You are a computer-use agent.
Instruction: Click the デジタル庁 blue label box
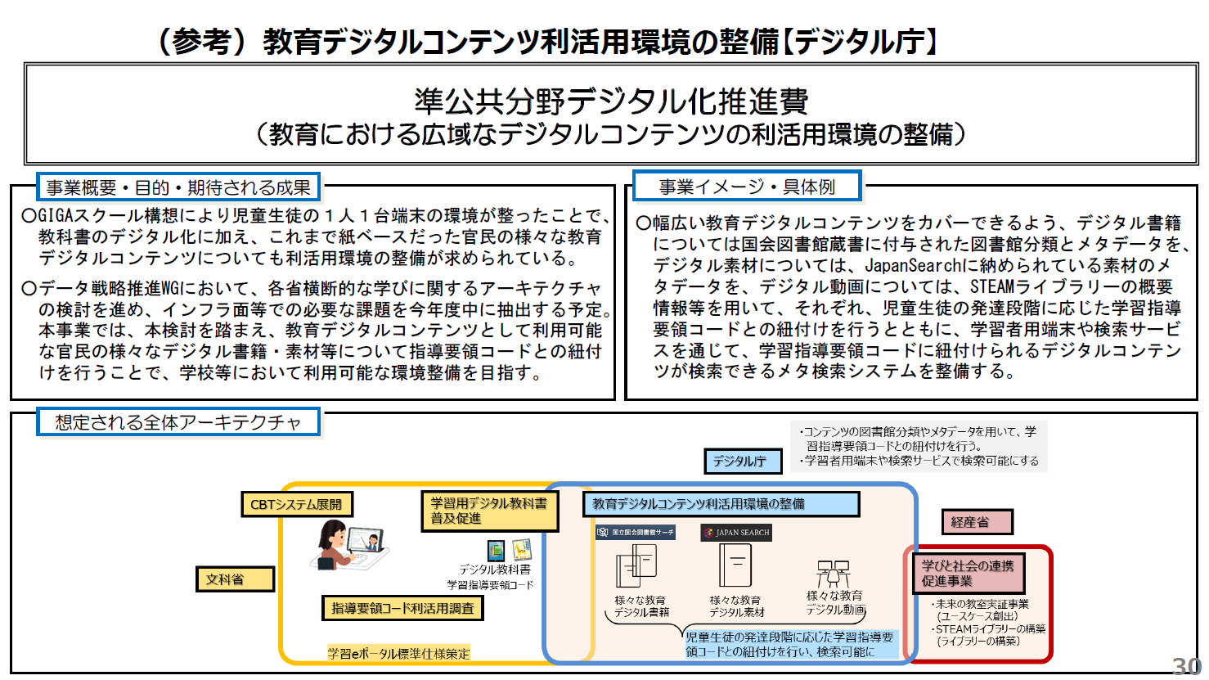coord(742,462)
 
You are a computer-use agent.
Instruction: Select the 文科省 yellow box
coord(235,579)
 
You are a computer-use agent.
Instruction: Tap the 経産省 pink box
coord(978,521)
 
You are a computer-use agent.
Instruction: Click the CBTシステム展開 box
coord(296,504)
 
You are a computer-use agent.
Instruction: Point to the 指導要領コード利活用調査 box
coord(402,608)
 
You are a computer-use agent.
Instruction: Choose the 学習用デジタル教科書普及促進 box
coord(489,511)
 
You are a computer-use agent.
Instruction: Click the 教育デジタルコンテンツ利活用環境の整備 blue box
coord(721,504)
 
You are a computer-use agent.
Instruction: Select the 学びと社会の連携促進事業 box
coord(968,573)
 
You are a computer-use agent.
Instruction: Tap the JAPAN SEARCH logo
coord(736,533)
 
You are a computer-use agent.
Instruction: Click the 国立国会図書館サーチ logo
coord(636,533)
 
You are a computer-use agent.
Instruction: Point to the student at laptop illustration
coord(348,544)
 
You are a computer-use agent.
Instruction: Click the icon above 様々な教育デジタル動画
coord(833,573)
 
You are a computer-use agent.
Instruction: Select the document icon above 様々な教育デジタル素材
coord(735,565)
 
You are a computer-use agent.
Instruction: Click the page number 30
coord(1187,666)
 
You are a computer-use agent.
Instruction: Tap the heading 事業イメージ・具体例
coord(747,187)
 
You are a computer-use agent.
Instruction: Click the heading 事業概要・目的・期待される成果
coord(178,187)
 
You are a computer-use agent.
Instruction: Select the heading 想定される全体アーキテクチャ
coord(178,422)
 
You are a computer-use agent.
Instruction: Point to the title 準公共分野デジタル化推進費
coord(611,101)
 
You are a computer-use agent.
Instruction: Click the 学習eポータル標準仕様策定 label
coord(399,653)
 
